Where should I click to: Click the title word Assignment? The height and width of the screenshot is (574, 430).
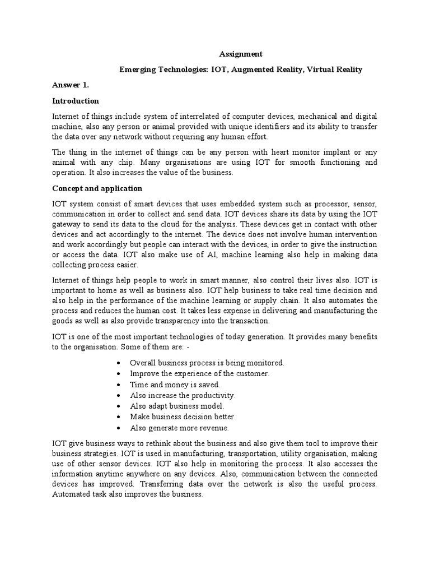click(x=240, y=54)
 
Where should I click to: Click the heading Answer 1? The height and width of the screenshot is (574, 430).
click(x=71, y=85)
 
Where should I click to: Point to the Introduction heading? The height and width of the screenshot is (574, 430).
click(x=76, y=101)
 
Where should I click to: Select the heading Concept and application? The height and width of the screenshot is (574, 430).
click(x=97, y=188)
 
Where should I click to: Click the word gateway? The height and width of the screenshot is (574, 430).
click(x=65, y=224)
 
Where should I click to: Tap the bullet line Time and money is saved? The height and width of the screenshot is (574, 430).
click(x=175, y=385)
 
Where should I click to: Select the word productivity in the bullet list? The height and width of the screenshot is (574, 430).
click(x=213, y=395)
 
